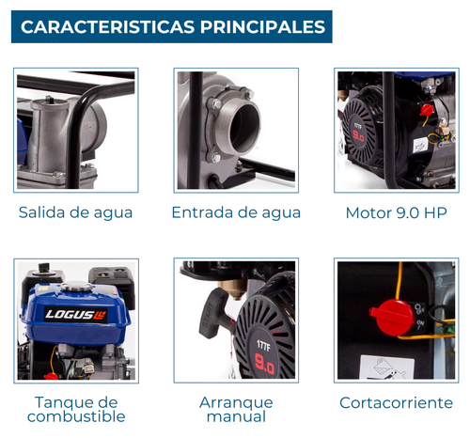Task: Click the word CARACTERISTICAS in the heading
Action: tap(108, 27)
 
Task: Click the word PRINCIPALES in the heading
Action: tap(263, 27)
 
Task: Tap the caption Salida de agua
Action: tap(75, 213)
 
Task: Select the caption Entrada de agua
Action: tap(236, 213)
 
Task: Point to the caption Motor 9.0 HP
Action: tap(397, 213)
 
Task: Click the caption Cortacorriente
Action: tap(397, 403)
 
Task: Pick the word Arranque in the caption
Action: tap(236, 403)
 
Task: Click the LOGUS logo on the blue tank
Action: tap(76, 315)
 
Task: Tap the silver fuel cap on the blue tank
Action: tap(77, 287)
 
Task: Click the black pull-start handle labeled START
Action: tap(214, 314)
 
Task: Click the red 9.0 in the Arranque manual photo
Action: tap(265, 364)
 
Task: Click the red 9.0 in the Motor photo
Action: tap(358, 136)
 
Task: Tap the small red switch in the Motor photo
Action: tap(426, 110)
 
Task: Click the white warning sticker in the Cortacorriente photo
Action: tap(387, 368)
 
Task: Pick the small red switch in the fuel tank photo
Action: tap(51, 376)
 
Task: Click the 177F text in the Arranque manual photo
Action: tap(263, 346)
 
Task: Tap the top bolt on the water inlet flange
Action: tap(249, 93)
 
